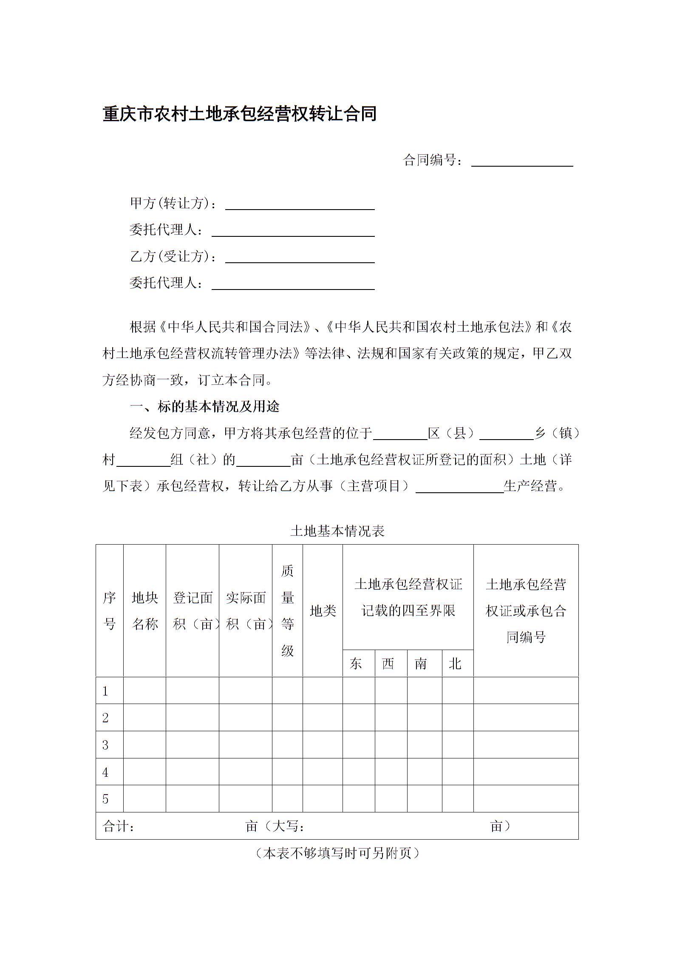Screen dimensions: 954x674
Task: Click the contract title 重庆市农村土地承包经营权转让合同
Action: (240, 114)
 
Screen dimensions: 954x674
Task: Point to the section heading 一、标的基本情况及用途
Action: (204, 407)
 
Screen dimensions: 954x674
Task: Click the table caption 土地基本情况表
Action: (337, 531)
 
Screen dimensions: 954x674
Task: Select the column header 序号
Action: (109, 611)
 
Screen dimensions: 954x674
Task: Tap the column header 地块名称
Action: (144, 611)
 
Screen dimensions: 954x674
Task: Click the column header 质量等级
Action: (287, 611)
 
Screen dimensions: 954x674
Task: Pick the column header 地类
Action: (323, 611)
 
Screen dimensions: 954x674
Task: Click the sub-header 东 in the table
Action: (356, 664)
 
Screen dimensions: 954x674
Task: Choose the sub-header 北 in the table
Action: (455, 664)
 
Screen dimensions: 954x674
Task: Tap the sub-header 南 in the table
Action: (420, 664)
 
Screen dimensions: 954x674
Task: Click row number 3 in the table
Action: (105, 745)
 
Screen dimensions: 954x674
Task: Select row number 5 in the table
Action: (105, 799)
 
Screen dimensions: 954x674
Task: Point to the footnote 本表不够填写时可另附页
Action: (337, 853)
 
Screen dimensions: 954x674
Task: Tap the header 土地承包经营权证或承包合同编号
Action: (526, 611)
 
